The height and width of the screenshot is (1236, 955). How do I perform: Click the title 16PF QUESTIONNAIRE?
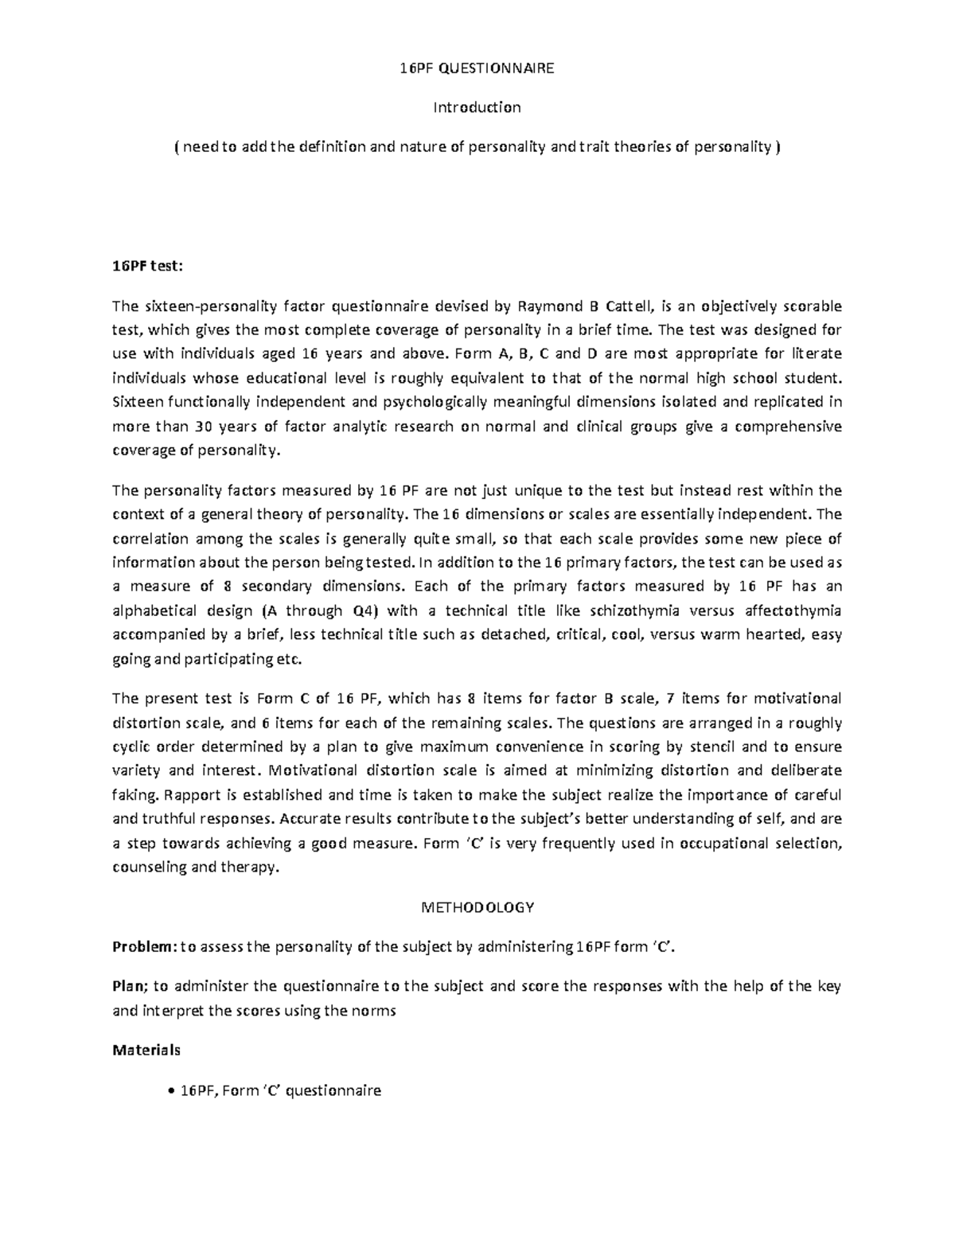pyautogui.click(x=477, y=68)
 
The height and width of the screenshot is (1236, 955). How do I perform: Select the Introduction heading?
pyautogui.click(x=477, y=107)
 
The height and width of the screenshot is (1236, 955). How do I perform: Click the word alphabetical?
pyautogui.click(x=154, y=610)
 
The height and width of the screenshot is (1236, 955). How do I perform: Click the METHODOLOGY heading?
pyautogui.click(x=477, y=907)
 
